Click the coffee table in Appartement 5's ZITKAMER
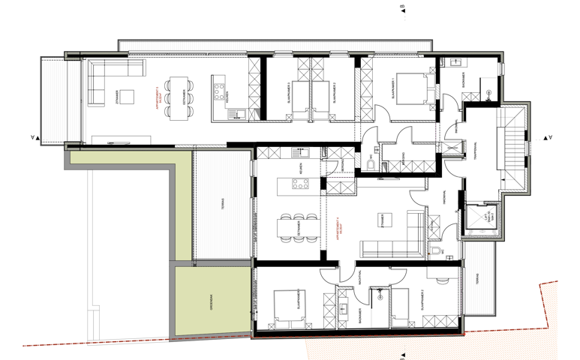[x=128, y=96]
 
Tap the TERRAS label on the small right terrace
[x=478, y=286]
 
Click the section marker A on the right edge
[x=551, y=137]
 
